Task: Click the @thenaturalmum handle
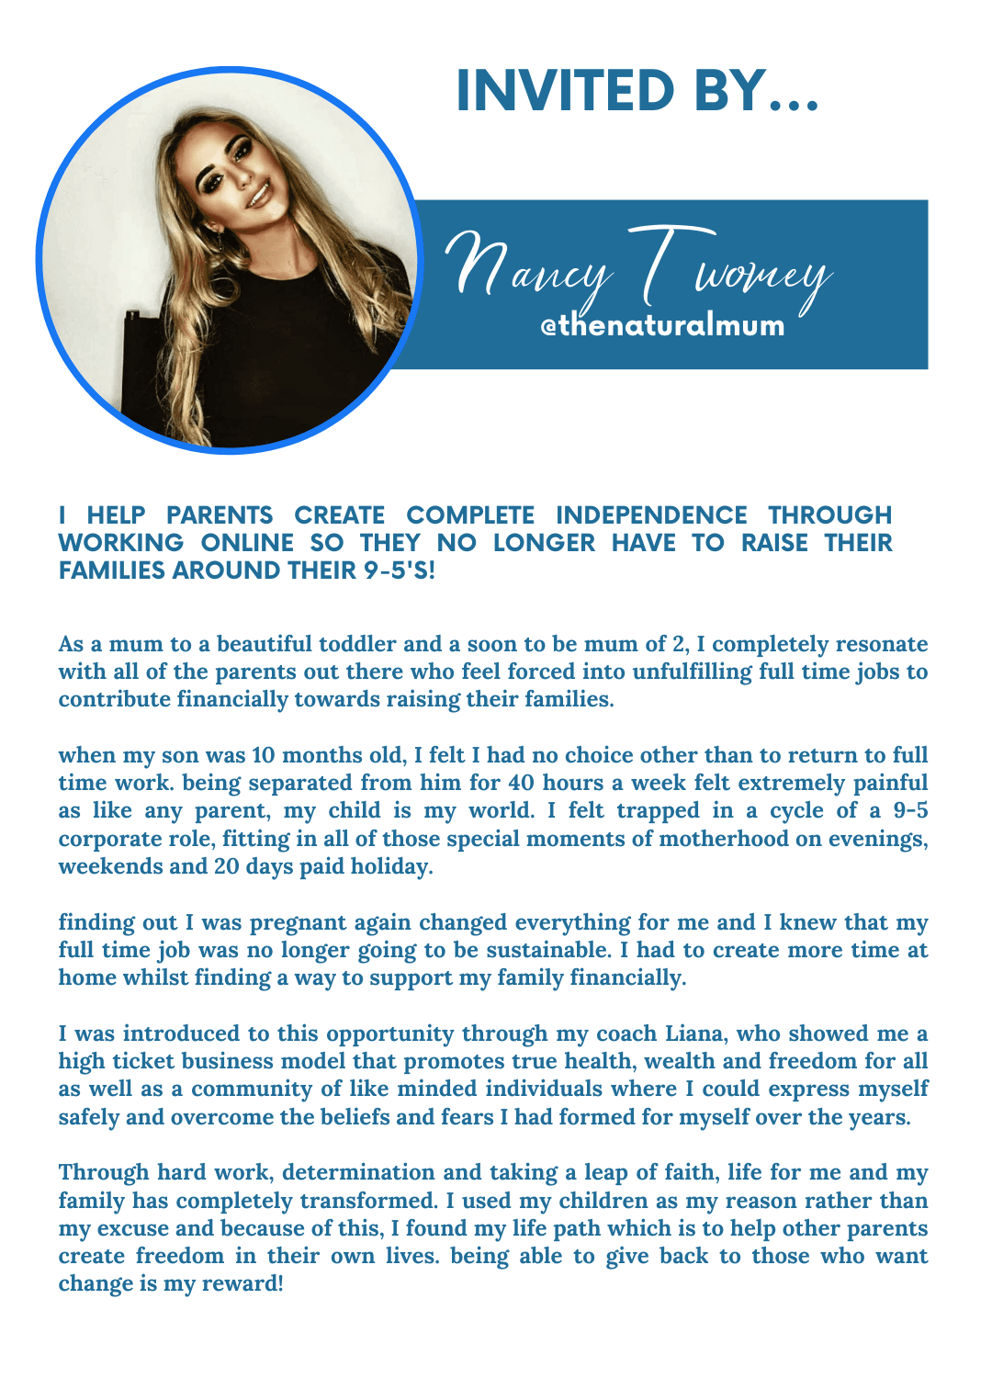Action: (662, 324)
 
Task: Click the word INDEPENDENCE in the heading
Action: (651, 514)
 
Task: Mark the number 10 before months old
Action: (263, 755)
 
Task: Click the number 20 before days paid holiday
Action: (226, 866)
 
